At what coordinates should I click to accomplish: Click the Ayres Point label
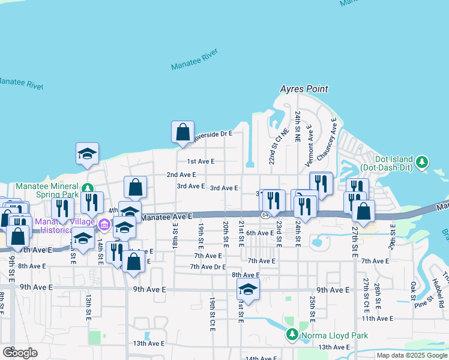(x=304, y=89)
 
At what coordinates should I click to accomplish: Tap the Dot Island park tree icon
(x=423, y=161)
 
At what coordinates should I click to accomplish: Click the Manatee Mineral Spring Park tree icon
(x=88, y=187)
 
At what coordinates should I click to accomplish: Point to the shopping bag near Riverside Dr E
(x=182, y=132)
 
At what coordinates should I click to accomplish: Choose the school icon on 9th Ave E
(x=248, y=289)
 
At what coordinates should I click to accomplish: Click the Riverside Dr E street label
(x=212, y=134)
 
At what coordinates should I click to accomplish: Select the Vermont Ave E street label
(x=309, y=146)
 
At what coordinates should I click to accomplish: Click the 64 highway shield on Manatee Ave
(x=265, y=215)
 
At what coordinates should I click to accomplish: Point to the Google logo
(x=19, y=353)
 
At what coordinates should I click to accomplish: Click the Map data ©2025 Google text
(x=412, y=355)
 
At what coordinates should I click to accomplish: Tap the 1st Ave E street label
(x=200, y=161)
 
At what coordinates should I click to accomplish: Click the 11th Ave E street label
(x=377, y=319)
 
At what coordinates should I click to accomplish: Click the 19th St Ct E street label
(x=212, y=313)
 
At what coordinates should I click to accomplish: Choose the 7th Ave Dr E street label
(x=208, y=266)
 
